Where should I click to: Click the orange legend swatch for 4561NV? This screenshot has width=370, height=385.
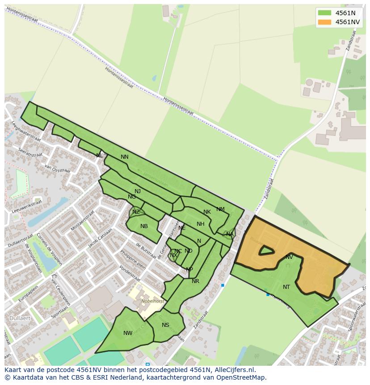click(325, 22)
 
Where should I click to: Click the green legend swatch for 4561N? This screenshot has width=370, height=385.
click(325, 13)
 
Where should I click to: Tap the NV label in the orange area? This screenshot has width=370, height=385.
click(289, 257)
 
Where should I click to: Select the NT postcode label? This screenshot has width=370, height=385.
click(286, 287)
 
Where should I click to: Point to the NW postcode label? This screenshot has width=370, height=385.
click(128, 333)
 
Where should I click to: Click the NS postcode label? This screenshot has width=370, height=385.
click(165, 325)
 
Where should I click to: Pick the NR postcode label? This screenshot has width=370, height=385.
click(195, 281)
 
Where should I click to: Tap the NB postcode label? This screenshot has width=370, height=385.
click(144, 226)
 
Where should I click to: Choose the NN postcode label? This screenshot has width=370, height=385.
click(125, 157)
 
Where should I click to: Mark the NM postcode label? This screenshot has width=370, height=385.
click(220, 209)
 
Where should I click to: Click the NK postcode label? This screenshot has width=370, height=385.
click(207, 212)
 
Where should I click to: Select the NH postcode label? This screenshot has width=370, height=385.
click(201, 224)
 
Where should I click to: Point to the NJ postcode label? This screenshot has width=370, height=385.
click(138, 191)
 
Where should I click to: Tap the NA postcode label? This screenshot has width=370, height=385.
click(230, 234)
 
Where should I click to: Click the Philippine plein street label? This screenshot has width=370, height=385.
click(133, 259)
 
